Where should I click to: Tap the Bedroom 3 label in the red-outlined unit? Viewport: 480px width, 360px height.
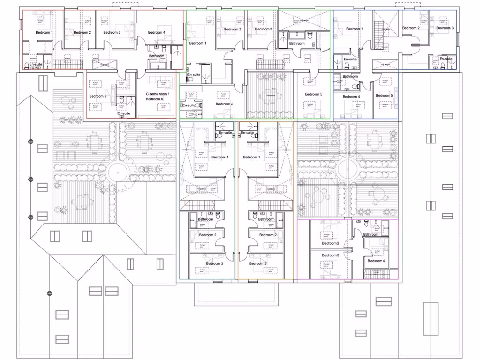point(112,32)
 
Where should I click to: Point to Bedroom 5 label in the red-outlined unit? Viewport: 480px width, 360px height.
point(98,96)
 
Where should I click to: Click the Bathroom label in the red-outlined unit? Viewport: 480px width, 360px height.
point(157,56)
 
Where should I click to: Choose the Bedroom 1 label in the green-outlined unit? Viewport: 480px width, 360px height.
point(197,43)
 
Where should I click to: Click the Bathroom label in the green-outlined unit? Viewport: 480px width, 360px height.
point(296,44)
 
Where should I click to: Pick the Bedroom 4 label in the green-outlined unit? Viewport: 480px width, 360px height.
point(225,104)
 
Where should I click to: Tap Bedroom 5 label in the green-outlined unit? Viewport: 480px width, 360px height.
point(314,94)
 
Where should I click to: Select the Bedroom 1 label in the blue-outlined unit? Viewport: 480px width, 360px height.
point(354,29)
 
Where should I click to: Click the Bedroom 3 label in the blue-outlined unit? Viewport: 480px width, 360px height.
point(445,28)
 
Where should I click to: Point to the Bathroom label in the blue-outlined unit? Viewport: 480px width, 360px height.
point(350,76)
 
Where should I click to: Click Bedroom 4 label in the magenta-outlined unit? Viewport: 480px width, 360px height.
point(376,261)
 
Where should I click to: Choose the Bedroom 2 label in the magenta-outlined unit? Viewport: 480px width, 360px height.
point(330,243)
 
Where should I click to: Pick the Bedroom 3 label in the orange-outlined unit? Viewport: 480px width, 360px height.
point(257,263)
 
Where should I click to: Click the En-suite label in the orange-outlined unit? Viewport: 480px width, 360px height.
point(247,133)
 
